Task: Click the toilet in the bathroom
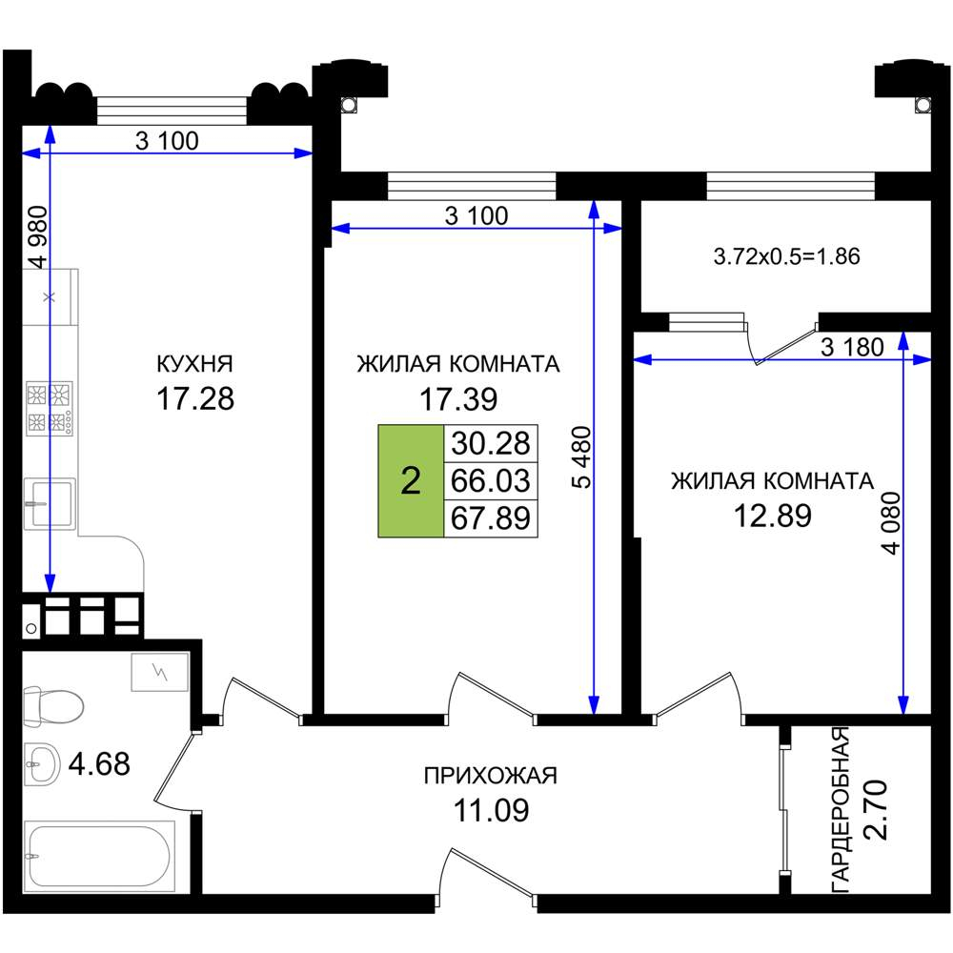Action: pyautogui.click(x=52, y=705)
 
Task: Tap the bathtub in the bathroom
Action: pyautogui.click(x=99, y=856)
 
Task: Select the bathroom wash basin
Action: pyautogui.click(x=42, y=763)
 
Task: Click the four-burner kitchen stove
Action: pyautogui.click(x=50, y=408)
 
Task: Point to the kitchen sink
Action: pyautogui.click(x=50, y=503)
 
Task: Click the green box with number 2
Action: pyautogui.click(x=411, y=480)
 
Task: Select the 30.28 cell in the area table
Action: pyautogui.click(x=491, y=443)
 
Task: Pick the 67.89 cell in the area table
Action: pyautogui.click(x=491, y=518)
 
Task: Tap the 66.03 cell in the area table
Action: pyautogui.click(x=491, y=480)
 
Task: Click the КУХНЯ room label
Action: pyautogui.click(x=194, y=363)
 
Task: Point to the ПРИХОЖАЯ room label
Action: pyautogui.click(x=491, y=776)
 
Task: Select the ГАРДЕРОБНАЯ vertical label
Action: pyautogui.click(x=840, y=809)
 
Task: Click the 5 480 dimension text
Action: pyautogui.click(x=581, y=457)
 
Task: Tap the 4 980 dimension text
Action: pyautogui.click(x=38, y=237)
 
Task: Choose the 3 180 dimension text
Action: pyautogui.click(x=852, y=347)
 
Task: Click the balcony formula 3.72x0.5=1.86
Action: pyautogui.click(x=786, y=256)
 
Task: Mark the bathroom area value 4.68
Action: pyautogui.click(x=99, y=764)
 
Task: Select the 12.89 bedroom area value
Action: pyautogui.click(x=773, y=516)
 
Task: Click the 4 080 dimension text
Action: pyautogui.click(x=892, y=522)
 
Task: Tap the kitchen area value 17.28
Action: pyautogui.click(x=195, y=399)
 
